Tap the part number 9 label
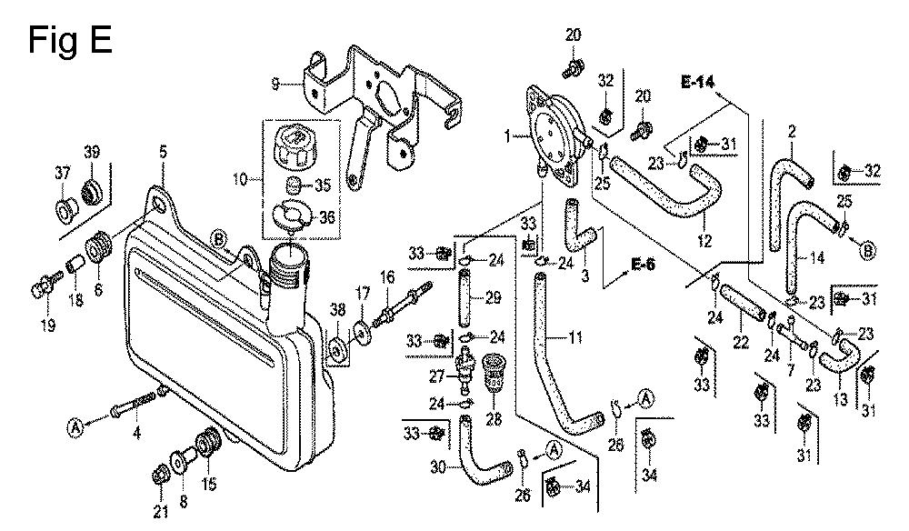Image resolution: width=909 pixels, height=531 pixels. point(275,85)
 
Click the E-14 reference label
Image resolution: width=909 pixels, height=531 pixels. point(698,81)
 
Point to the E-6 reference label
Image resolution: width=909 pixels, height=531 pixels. point(643,265)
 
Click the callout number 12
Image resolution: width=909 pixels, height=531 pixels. point(704,242)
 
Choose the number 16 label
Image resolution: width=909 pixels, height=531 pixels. point(387,276)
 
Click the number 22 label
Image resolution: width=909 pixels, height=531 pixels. point(740,341)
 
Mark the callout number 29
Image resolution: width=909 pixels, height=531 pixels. point(494,299)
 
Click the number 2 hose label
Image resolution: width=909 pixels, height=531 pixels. point(792,132)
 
